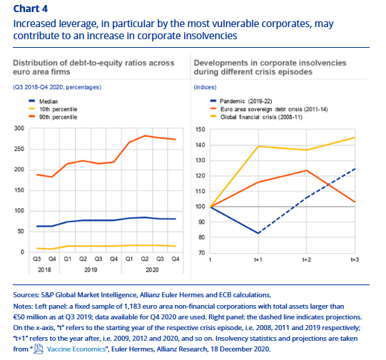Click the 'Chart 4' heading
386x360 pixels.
(x=30, y=9)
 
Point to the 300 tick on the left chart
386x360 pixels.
(x=19, y=128)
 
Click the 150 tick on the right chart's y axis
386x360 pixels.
(x=200, y=130)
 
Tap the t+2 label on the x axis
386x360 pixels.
(x=307, y=259)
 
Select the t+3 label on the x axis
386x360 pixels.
(x=355, y=259)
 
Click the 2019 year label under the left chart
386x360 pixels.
(x=91, y=269)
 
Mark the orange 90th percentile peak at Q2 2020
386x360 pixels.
(x=145, y=135)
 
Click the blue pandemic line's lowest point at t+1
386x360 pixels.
(x=258, y=233)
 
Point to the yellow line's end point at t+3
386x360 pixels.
(x=355, y=138)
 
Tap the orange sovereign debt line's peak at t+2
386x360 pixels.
(x=307, y=170)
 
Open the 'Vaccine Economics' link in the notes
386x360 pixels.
(x=76, y=349)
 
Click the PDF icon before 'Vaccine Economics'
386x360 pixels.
(x=39, y=349)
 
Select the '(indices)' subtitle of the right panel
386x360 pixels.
(x=205, y=87)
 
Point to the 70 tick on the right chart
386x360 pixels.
(x=202, y=253)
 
